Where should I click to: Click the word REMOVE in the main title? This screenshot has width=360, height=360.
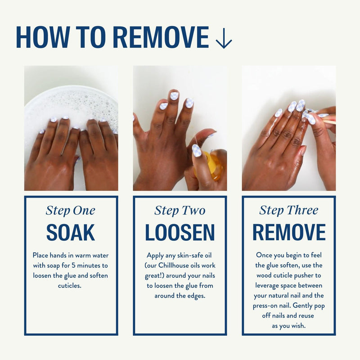click(161, 37)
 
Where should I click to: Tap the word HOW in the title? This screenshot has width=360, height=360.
click(43, 37)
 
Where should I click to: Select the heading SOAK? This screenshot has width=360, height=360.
click(71, 232)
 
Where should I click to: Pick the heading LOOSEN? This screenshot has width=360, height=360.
click(180, 232)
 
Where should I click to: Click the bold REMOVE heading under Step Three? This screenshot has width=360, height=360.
click(289, 232)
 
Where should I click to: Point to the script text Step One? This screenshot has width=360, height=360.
click(71, 211)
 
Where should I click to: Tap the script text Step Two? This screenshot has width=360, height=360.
click(180, 211)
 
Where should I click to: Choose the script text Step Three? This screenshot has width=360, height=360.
click(289, 210)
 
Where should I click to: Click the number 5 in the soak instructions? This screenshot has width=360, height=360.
click(73, 265)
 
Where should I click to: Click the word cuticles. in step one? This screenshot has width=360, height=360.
click(70, 286)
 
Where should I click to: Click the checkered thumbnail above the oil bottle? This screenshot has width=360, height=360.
click(197, 150)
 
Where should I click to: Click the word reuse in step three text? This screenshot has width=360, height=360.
click(306, 316)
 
